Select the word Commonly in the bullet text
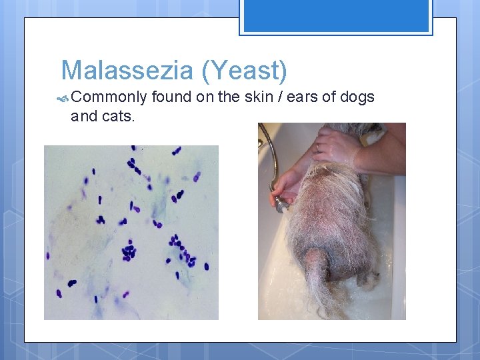[109, 97]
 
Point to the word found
[171, 97]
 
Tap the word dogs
[358, 97]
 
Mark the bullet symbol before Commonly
[63, 98]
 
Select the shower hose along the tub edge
[269, 150]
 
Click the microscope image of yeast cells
[131, 232]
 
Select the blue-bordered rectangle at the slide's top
[335, 16]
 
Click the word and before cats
[83, 116]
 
